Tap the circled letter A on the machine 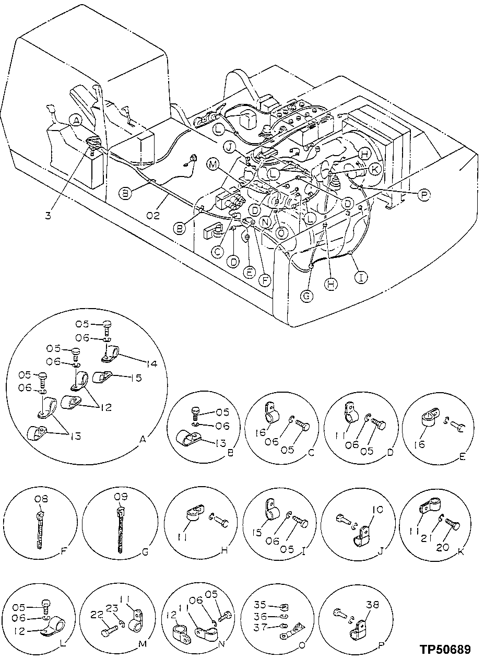click(x=76, y=121)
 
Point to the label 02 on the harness click(x=153, y=215)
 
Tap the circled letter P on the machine click(x=424, y=194)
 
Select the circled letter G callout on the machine click(x=308, y=296)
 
